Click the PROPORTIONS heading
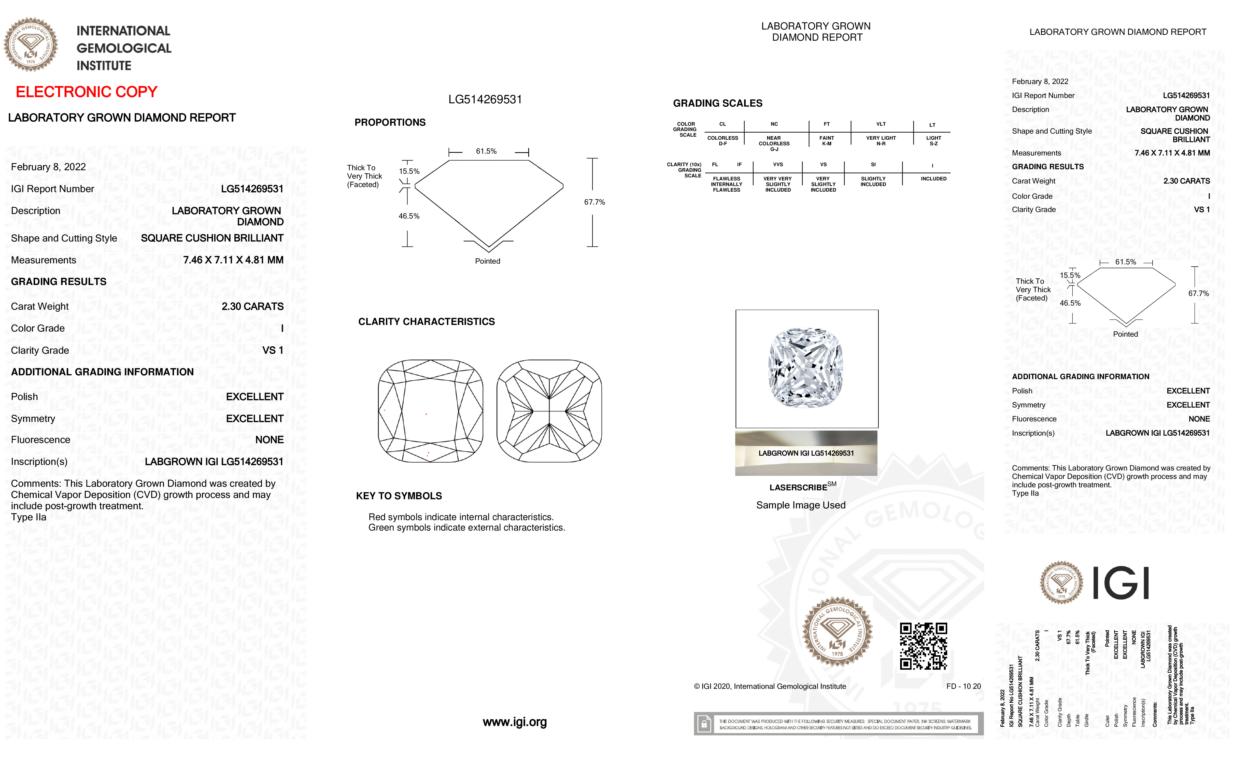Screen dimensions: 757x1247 (x=390, y=122)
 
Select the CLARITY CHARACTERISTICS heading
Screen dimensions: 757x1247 (x=426, y=322)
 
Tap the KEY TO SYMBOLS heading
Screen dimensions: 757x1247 (x=399, y=496)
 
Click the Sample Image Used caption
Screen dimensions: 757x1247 (x=801, y=505)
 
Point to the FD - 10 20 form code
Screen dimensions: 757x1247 (x=963, y=686)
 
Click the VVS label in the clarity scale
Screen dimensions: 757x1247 (x=778, y=164)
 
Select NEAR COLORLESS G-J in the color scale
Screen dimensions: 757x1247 (x=774, y=143)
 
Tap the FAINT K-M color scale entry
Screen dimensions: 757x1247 (x=826, y=141)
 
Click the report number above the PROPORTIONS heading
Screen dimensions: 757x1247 (x=485, y=100)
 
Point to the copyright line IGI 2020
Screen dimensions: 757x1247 (x=769, y=686)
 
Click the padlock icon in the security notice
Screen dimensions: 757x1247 (x=703, y=724)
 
